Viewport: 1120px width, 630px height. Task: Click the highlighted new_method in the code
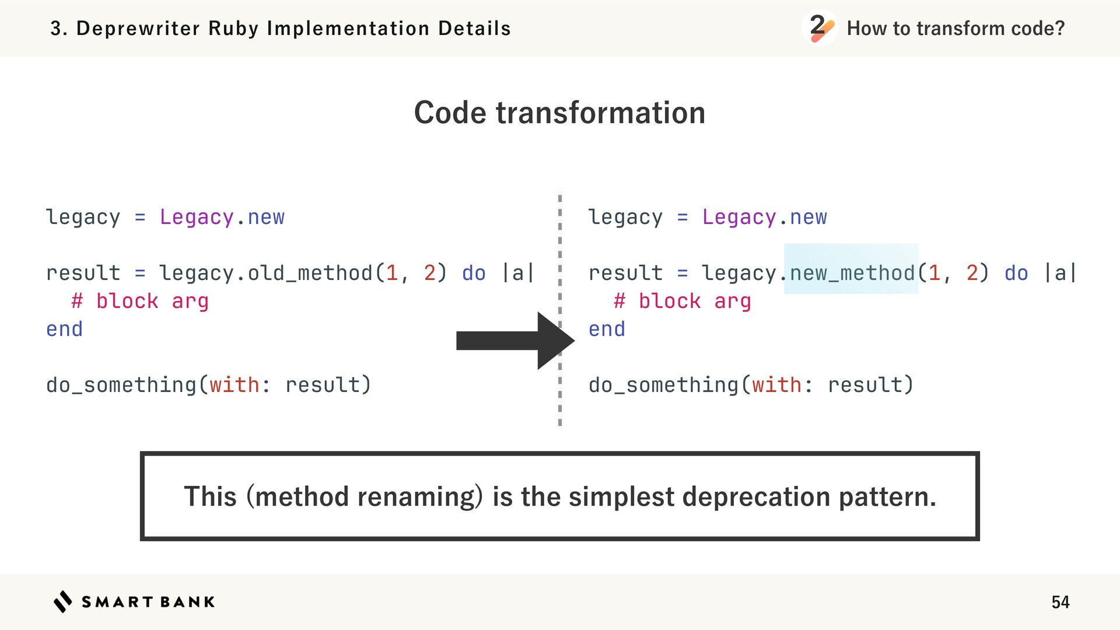tap(852, 273)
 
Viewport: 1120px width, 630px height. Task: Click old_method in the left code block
tap(310, 273)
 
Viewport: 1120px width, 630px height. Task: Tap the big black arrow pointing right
tap(513, 341)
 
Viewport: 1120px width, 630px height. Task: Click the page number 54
tap(1060, 602)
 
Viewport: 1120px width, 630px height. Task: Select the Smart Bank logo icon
tap(62, 601)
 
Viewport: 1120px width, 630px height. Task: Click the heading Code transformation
tap(559, 113)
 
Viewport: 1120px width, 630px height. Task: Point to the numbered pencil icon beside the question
tap(819, 27)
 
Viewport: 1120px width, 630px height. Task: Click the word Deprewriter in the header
tap(138, 28)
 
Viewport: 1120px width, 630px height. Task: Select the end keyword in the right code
tap(607, 329)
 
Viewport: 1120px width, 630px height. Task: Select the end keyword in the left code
tap(64, 329)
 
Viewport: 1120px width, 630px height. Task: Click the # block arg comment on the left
tap(140, 301)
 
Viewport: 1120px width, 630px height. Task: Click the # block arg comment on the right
tap(682, 301)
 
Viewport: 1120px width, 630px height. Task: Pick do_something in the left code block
tap(121, 385)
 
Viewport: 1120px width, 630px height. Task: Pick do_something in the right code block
tap(664, 385)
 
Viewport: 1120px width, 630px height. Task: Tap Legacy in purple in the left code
tap(197, 217)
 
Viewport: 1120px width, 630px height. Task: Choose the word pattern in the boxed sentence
tap(886, 497)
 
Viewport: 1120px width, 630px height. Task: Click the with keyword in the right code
tap(776, 385)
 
